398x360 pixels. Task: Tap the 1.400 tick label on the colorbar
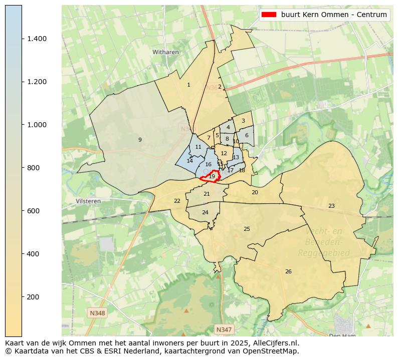coord(37,39)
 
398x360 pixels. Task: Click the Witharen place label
coord(165,52)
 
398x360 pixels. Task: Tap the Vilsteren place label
coord(88,201)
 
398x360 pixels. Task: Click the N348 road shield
coord(97,313)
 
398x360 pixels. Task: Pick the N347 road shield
coord(224,329)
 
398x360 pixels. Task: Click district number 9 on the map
coord(140,140)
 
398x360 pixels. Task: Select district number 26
coord(288,271)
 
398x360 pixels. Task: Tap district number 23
coord(331,206)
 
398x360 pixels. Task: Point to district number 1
coord(188,85)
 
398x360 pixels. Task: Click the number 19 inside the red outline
coord(212,176)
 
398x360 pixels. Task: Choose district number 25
coord(247,229)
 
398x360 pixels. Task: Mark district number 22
coord(177,201)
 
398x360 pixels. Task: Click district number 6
coord(247,135)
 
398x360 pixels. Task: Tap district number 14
coord(189,161)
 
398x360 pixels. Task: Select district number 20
coord(255,192)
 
